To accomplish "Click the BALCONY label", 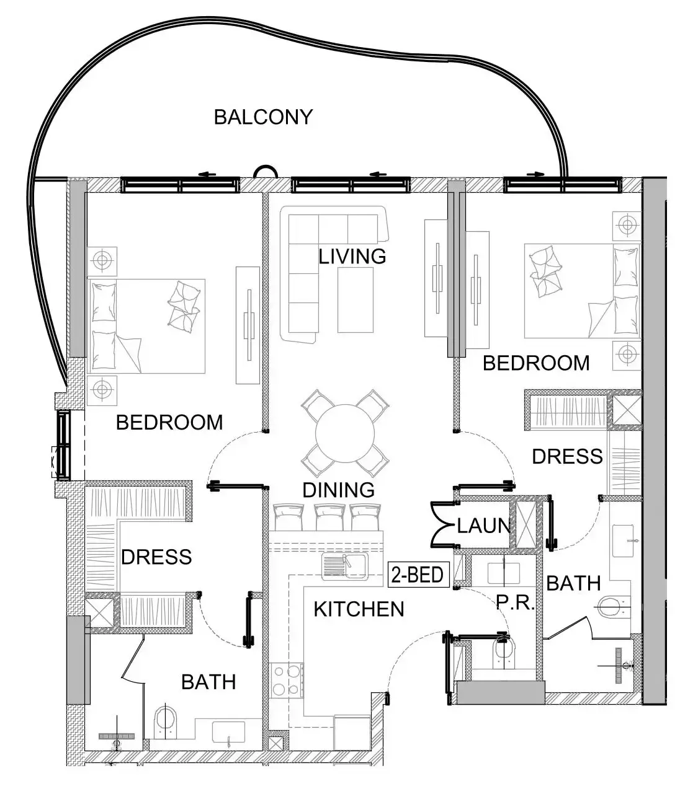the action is pyautogui.click(x=263, y=117).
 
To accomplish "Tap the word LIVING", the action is pyautogui.click(x=352, y=257).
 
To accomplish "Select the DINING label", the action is pyautogui.click(x=339, y=490).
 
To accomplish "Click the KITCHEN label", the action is pyautogui.click(x=359, y=609).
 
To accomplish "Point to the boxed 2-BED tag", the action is pyautogui.click(x=418, y=575).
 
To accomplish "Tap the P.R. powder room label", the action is pyautogui.click(x=515, y=602).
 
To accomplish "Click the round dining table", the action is pyautogui.click(x=345, y=433).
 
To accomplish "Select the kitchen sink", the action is pyautogui.click(x=345, y=567).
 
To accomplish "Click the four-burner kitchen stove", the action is pyautogui.click(x=287, y=680).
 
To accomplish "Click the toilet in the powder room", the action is pyautogui.click(x=504, y=653).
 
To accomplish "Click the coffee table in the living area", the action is pyautogui.click(x=356, y=299).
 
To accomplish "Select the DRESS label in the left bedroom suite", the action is pyautogui.click(x=156, y=557).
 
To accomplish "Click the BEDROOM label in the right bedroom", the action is pyautogui.click(x=536, y=363).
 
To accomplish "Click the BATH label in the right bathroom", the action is pyautogui.click(x=574, y=583).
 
